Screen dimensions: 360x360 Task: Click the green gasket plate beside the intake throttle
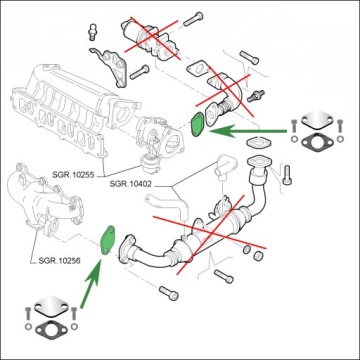point(198,125)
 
